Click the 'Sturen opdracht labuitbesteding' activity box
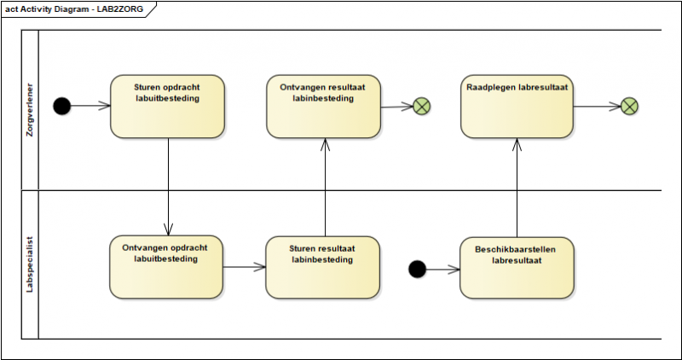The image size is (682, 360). [167, 106]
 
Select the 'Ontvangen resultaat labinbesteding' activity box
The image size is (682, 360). [323, 106]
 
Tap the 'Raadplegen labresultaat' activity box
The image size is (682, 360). [517, 106]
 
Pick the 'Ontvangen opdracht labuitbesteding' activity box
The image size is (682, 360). [166, 267]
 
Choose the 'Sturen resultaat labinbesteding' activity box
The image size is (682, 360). [322, 267]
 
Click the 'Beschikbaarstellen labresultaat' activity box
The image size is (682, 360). [517, 267]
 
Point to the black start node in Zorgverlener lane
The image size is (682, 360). [61, 106]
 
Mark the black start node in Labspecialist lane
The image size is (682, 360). [417, 270]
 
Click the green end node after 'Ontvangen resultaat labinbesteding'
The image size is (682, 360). [421, 107]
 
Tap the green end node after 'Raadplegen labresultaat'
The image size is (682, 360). [629, 107]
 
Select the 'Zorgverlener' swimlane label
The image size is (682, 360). [29, 108]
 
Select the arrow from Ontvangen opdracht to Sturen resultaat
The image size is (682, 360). [245, 267]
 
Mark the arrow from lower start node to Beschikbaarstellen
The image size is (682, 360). [442, 270]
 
